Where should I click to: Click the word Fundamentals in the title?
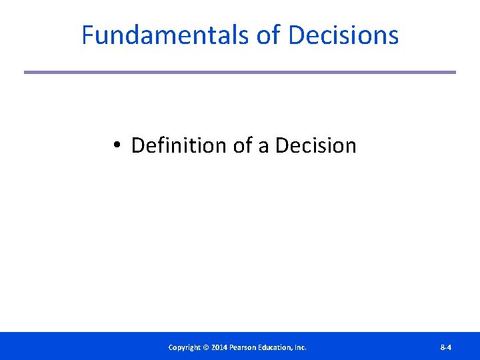point(165,35)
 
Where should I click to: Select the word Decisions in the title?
point(343,35)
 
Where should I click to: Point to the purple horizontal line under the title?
point(240,72)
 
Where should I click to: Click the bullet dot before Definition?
point(116,145)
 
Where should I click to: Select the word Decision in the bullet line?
point(315,145)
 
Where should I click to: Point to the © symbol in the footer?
point(206,347)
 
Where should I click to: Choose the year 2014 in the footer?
point(219,347)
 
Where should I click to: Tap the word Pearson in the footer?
point(243,347)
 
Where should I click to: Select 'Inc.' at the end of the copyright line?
point(301,347)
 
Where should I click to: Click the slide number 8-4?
point(446,347)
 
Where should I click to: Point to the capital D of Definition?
point(137,145)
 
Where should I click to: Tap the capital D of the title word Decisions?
point(297,35)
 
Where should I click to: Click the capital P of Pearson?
point(231,347)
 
